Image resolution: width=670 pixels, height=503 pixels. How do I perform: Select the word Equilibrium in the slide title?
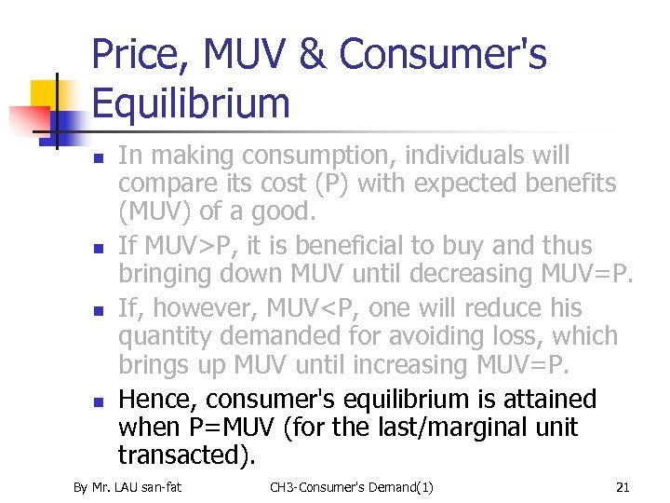[191, 103]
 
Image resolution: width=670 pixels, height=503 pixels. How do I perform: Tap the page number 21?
[623, 486]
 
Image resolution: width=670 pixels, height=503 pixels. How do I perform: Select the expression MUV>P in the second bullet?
[186, 246]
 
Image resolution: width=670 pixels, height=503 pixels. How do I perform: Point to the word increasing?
[396, 364]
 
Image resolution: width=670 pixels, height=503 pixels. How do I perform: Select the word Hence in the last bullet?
[158, 400]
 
